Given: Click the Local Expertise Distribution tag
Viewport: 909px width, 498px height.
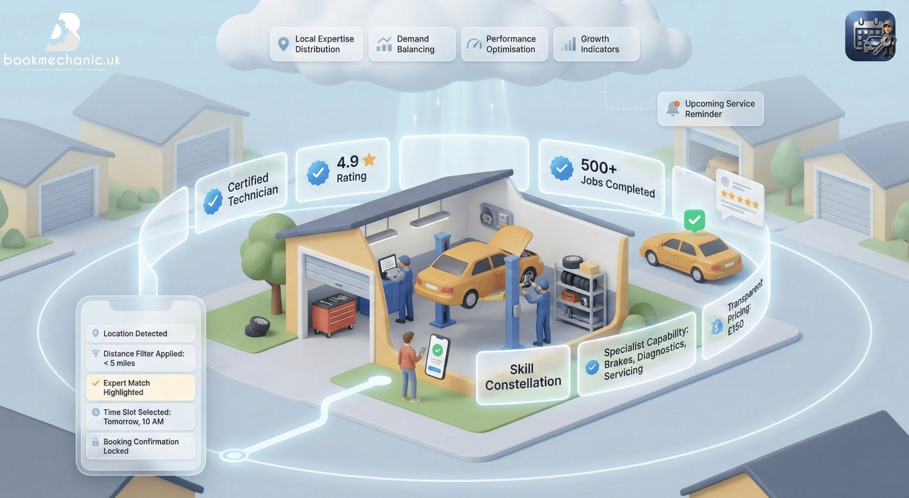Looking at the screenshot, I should pos(316,44).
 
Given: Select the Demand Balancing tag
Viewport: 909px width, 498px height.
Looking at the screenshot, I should pos(412,44).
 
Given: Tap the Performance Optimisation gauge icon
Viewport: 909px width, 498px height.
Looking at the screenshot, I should pos(473,44).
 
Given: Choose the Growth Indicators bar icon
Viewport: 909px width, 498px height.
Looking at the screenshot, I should pos(568,44).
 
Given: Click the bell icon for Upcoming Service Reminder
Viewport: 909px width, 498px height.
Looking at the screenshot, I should pos(673,107).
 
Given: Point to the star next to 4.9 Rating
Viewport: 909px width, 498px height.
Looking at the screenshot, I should pos(369,160).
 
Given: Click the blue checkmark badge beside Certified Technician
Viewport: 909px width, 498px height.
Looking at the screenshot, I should pos(212,201).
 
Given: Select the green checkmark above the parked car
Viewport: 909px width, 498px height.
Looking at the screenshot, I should pos(694,220).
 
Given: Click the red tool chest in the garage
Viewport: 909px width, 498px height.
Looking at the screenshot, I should pos(334,314).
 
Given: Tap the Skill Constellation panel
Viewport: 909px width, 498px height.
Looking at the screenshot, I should pos(523,376).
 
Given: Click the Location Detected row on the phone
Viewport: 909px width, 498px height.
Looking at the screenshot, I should pos(140,334).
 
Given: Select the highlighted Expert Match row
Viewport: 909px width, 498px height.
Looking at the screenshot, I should pos(140,388).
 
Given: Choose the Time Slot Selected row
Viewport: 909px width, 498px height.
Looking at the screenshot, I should pos(140,417).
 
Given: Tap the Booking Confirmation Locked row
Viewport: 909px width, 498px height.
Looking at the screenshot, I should pos(140,446).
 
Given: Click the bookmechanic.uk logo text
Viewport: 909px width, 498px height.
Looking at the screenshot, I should pos(62,60).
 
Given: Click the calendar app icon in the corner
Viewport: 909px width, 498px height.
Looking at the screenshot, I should pos(870,36).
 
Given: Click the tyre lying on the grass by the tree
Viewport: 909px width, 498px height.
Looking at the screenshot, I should pos(258,326).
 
